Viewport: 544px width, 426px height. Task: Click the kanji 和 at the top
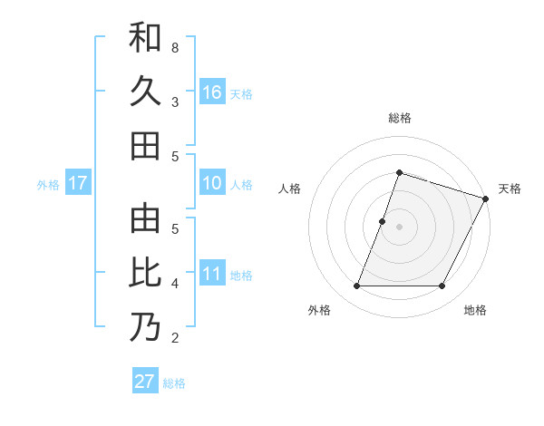pyautogui.click(x=145, y=37)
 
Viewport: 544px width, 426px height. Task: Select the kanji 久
pyautogui.click(x=145, y=92)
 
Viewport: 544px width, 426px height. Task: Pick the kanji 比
pyautogui.click(x=145, y=273)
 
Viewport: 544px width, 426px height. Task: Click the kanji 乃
pyautogui.click(x=145, y=327)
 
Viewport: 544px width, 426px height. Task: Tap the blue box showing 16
pyautogui.click(x=212, y=92)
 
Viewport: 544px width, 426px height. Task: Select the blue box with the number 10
pyautogui.click(x=212, y=184)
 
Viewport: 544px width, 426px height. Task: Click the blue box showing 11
pyautogui.click(x=212, y=274)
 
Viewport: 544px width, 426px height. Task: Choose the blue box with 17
pyautogui.click(x=77, y=184)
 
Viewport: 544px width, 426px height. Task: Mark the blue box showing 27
pyautogui.click(x=145, y=382)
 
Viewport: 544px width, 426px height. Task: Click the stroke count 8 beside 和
pyautogui.click(x=174, y=47)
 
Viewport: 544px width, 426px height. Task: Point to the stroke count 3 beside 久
pyautogui.click(x=174, y=102)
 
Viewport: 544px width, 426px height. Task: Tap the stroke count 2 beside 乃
pyautogui.click(x=174, y=338)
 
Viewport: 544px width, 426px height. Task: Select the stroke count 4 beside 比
pyautogui.click(x=174, y=284)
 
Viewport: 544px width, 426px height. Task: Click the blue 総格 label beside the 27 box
pyautogui.click(x=174, y=383)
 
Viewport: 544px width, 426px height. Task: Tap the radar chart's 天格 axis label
pyautogui.click(x=510, y=189)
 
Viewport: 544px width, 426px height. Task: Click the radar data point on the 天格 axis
pyautogui.click(x=486, y=198)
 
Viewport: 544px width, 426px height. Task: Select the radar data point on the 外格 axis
pyautogui.click(x=356, y=286)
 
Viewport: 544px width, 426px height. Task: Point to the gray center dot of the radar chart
pyautogui.click(x=399, y=227)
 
